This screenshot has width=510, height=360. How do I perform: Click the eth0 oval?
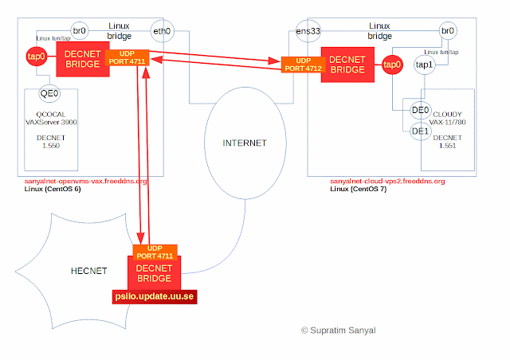click(x=162, y=31)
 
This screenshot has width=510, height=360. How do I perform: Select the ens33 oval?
click(x=307, y=33)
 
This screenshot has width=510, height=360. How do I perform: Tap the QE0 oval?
click(x=50, y=93)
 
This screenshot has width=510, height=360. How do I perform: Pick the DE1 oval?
click(x=421, y=131)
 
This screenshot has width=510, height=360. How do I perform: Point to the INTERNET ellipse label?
click(x=245, y=143)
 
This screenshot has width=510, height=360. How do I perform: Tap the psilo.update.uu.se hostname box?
click(x=153, y=296)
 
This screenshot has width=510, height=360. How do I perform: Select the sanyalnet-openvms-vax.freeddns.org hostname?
click(x=86, y=182)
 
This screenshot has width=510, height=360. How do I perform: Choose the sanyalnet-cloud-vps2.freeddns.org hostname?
click(x=387, y=182)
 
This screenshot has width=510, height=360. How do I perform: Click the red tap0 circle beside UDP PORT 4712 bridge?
click(x=390, y=65)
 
